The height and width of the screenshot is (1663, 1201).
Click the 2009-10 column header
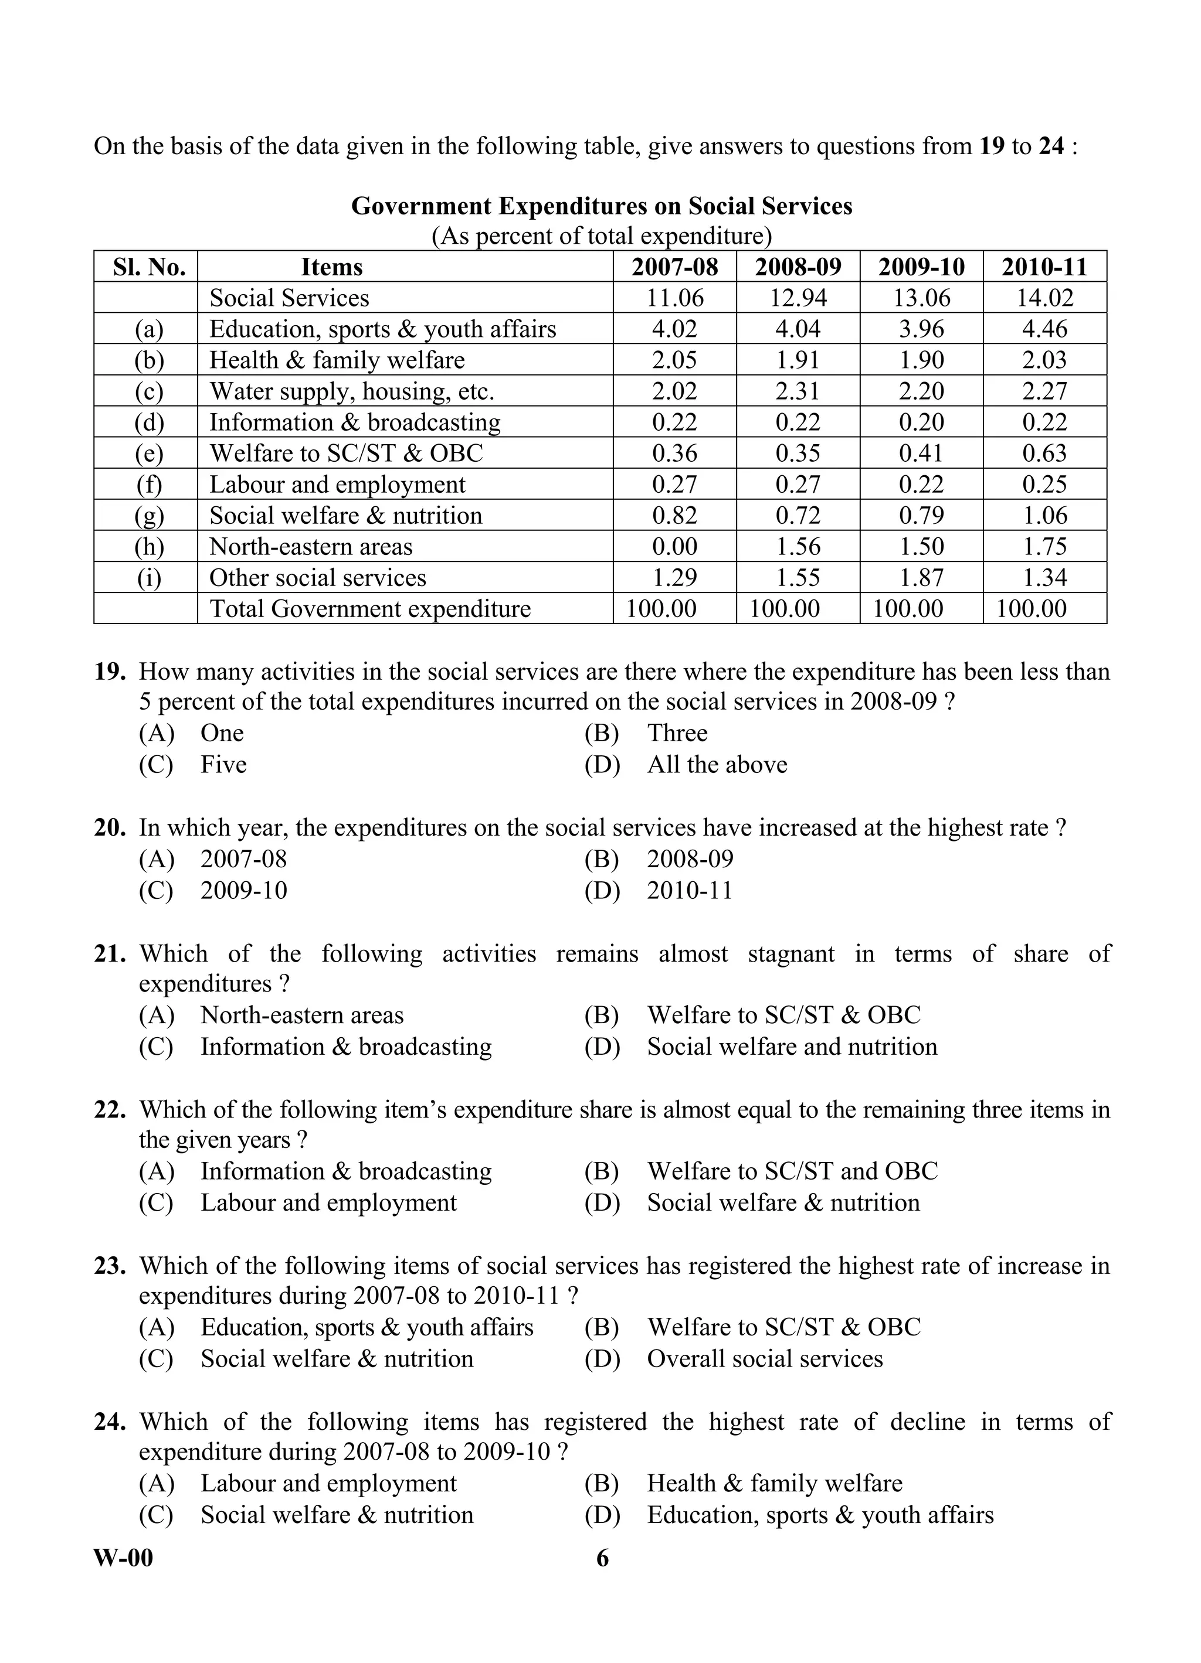921,267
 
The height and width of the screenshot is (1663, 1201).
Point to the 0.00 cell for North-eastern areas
674,546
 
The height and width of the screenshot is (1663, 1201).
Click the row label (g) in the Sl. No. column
149,516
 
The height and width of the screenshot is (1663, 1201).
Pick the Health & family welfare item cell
337,360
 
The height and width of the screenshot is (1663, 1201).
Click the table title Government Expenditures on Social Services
601,206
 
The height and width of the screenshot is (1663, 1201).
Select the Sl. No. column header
149,267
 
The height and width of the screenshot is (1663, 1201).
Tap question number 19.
110,672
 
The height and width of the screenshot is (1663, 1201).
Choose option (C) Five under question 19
223,765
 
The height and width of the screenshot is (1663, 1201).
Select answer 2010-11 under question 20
689,891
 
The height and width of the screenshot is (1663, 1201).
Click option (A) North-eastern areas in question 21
301,1015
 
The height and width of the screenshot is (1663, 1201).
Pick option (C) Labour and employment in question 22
328,1203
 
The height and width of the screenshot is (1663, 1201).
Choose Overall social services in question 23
765,1359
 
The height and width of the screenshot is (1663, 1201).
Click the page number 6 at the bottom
602,1558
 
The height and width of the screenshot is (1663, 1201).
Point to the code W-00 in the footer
123,1558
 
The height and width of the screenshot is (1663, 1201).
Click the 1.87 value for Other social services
921,578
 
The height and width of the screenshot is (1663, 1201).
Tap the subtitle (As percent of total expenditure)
601,236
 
